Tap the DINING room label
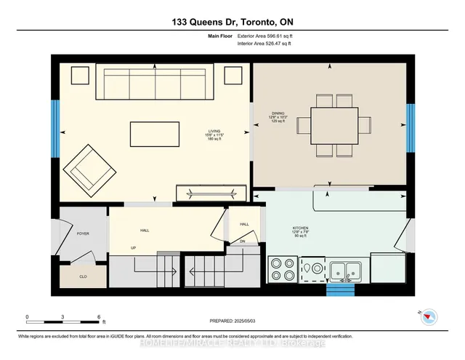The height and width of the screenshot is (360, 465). point(278,113)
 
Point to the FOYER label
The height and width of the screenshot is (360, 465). point(83,234)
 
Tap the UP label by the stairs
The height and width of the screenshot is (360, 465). point(132,247)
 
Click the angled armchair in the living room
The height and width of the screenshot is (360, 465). point(89,168)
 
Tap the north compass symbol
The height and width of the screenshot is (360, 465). point(431,316)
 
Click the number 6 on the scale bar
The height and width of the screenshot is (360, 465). point(98,317)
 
